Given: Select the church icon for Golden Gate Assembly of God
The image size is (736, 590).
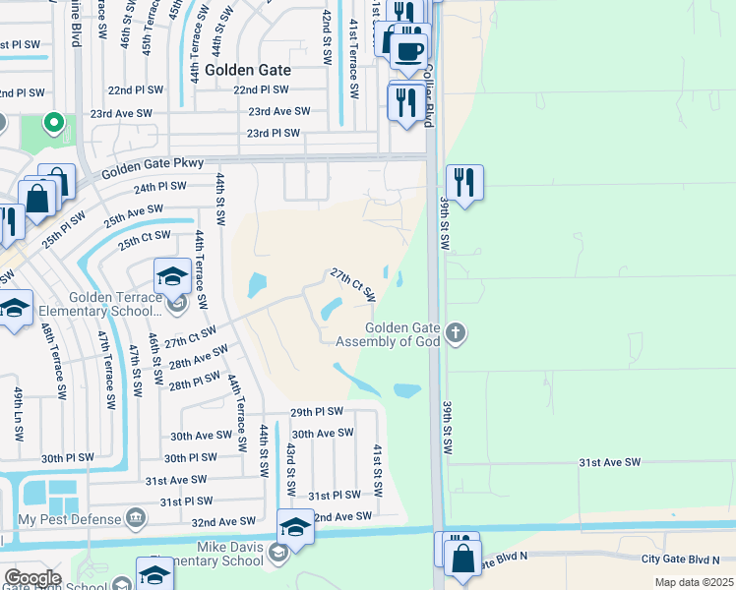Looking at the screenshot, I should click(455, 332).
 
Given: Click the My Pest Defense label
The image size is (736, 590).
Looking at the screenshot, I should click(67, 518).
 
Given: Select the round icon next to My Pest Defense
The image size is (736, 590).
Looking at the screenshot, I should click(136, 518).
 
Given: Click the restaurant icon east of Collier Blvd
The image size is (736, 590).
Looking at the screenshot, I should click(464, 183).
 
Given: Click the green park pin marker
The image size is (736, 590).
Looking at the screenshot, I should click(55, 124).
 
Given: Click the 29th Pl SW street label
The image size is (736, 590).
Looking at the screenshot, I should click(317, 412).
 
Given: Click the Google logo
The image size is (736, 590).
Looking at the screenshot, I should click(31, 578).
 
